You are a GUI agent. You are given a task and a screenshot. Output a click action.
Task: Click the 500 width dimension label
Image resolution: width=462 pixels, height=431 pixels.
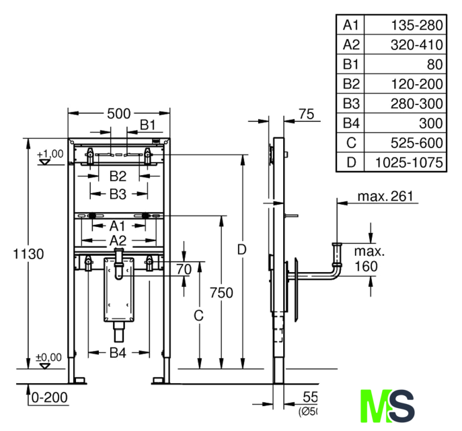pyautogui.click(x=118, y=113)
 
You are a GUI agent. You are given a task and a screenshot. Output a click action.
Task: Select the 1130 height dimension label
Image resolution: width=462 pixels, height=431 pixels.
pyautogui.click(x=28, y=255)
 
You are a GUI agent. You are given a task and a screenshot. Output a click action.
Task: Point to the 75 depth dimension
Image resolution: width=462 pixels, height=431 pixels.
pyautogui.click(x=306, y=114)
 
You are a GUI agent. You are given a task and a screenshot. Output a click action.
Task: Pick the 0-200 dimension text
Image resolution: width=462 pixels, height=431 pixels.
pyautogui.click(x=49, y=397)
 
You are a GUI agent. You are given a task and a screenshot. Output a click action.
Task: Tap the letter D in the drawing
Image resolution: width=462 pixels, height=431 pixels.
pyautogui.click(x=242, y=249)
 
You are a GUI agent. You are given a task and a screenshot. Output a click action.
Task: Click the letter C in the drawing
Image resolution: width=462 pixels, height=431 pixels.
pyautogui.click(x=198, y=314)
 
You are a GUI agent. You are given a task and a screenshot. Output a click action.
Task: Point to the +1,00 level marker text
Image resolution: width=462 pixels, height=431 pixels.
pyautogui.click(x=50, y=154)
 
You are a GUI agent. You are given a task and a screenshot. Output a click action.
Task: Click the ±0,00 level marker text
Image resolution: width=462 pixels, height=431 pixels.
pyautogui.click(x=49, y=357)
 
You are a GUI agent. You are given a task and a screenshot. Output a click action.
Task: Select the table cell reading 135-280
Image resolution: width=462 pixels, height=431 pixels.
pyautogui.click(x=417, y=26)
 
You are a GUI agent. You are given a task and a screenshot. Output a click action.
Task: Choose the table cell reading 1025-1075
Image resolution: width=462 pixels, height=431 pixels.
pyautogui.click(x=409, y=162)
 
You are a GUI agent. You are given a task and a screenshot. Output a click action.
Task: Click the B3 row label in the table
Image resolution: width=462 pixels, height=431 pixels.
pyautogui.click(x=352, y=104)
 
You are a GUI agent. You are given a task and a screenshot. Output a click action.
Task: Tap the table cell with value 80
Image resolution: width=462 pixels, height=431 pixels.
pyautogui.click(x=434, y=65)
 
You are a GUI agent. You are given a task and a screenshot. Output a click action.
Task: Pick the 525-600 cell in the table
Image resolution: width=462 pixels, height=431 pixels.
pyautogui.click(x=417, y=143)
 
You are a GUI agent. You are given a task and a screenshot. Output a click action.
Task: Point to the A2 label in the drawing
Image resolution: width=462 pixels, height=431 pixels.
pyautogui.click(x=118, y=240)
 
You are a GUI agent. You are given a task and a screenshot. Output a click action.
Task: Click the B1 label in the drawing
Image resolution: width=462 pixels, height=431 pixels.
pyautogui.click(x=148, y=124)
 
